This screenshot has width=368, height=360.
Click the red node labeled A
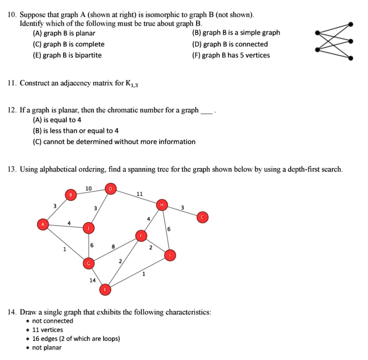pos(43,224)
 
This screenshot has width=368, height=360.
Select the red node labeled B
pos(71,195)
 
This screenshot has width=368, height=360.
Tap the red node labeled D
pos(110,188)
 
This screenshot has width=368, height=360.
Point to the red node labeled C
pos(202,217)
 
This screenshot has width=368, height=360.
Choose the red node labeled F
pos(141,236)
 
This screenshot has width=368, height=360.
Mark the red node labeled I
pos(170,255)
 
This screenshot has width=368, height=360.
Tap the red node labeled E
pos(105,289)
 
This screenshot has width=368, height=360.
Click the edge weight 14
pos(93,280)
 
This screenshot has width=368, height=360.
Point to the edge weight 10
pos(89,188)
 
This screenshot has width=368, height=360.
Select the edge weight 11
pos(139,194)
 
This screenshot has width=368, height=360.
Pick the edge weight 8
pos(113,247)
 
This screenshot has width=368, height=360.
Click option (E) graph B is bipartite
pos(67,55)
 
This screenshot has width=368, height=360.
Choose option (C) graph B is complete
pos(68,44)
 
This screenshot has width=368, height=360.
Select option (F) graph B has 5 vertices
pos(231,55)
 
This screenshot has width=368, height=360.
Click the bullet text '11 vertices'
pos(47,330)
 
